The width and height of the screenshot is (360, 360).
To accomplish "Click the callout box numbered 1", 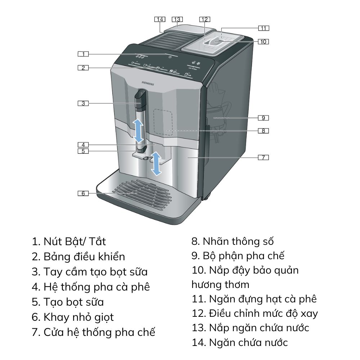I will point(83,54).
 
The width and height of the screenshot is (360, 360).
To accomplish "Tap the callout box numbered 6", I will point(83,193).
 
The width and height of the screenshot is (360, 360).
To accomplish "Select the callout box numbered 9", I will point(263,118).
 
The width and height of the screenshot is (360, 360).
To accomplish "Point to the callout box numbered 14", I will point(160,19).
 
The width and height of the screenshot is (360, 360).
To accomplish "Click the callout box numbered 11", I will point(263,28).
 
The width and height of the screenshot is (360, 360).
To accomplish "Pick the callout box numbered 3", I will point(83,103).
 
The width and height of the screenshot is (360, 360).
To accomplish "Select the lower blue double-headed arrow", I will point(156,163).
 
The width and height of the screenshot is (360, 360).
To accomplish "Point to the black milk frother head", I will point(140,98).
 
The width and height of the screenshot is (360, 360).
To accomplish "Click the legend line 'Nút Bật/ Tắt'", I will point(69,241).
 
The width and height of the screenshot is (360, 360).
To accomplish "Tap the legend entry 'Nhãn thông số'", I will point(233,241).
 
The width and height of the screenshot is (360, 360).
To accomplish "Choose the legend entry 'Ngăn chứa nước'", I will point(240,342).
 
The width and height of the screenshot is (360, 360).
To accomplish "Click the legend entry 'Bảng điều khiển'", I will point(78,257).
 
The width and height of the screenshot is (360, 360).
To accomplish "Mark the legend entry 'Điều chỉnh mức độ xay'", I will point(255,313).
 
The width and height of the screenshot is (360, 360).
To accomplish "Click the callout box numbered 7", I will point(263,157).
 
